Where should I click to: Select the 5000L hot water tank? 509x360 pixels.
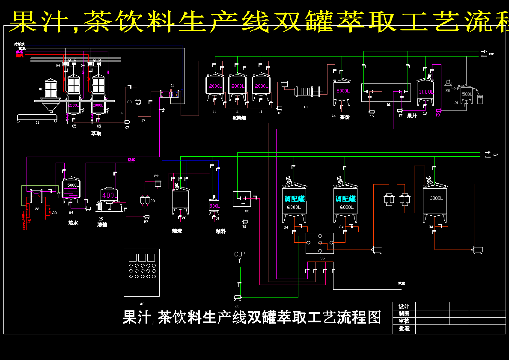pos(71,190)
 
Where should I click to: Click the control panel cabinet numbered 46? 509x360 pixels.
pos(142,272)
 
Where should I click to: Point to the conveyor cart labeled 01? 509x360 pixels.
pos(36,118)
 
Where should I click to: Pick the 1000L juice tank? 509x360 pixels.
pos(426,92)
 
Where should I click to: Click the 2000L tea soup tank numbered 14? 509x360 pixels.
pos(342,92)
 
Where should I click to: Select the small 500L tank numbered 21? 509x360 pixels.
pos(467,95)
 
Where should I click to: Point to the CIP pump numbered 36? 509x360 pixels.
pos(237,298)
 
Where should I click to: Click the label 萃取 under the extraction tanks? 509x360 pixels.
pos(96,134)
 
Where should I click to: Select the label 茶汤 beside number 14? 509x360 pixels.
pos(345,117)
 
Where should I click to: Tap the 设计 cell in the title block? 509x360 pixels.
pos(404,306)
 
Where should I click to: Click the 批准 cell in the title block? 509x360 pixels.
pos(404,329)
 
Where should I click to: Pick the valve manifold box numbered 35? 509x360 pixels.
pos(319,243)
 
